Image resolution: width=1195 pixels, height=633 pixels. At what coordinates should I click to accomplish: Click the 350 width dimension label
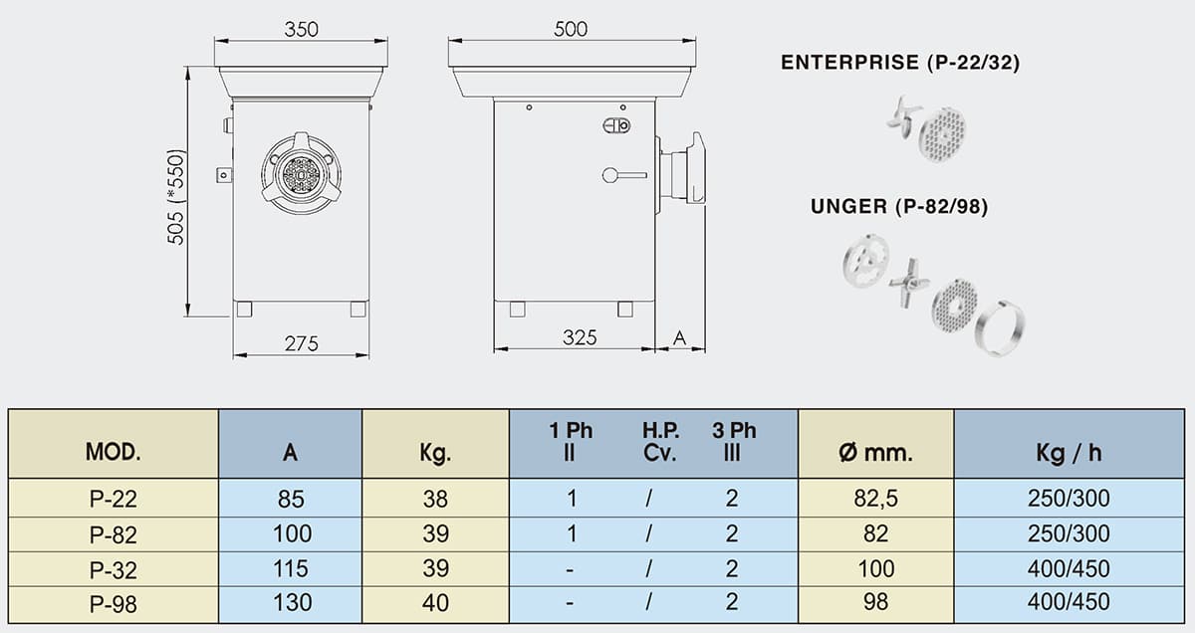click(x=301, y=29)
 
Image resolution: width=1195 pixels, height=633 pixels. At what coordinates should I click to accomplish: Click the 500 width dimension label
click(x=571, y=29)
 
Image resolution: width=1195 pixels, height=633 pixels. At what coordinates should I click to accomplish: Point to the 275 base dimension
click(x=301, y=343)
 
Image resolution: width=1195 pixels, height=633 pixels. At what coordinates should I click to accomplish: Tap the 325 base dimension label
click(x=580, y=337)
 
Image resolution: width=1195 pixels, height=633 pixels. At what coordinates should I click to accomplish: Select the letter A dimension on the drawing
click(x=679, y=337)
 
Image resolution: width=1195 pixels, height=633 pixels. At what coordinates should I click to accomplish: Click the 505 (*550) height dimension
click(x=175, y=197)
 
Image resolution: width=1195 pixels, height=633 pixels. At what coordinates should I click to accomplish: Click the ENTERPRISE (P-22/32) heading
click(x=900, y=63)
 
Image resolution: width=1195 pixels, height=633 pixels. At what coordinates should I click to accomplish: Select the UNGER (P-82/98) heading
click(x=899, y=206)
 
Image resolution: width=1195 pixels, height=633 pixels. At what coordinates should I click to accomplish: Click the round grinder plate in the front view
click(x=302, y=175)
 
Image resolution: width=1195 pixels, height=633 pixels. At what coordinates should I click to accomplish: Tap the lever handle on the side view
click(x=624, y=175)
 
